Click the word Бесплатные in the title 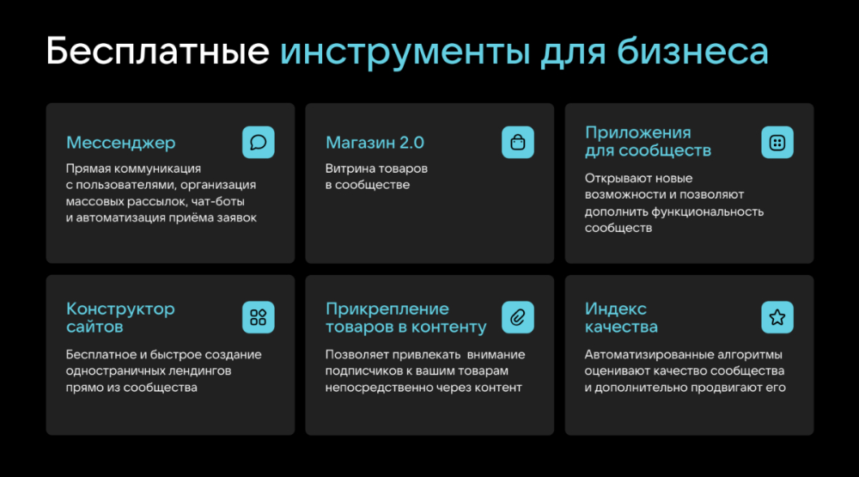pos(158,52)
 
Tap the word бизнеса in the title pos(693,52)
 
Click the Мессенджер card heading pos(120,143)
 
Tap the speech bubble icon pos(258,143)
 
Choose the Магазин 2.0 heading pos(375,143)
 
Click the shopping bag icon pos(518,143)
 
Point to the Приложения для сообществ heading pos(648,142)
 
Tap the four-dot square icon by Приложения pos(777,143)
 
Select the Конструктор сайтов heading pos(120,317)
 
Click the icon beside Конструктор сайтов pos(258,317)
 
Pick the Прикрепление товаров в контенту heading pos(406,317)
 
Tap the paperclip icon pos(518,317)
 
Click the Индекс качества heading pos(621,317)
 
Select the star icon pos(777,317)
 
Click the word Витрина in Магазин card pos(346,168)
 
